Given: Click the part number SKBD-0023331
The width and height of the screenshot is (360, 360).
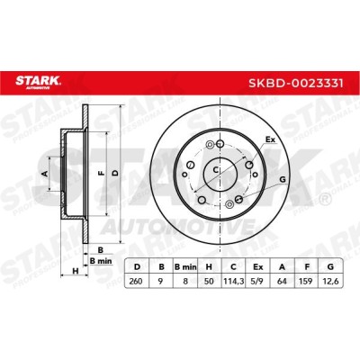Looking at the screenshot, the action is pyautogui.click(x=295, y=83).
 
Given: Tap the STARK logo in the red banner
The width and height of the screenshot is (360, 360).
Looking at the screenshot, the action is pyautogui.click(x=38, y=82).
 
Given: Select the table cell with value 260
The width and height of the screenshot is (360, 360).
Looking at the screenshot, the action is pyautogui.click(x=137, y=281).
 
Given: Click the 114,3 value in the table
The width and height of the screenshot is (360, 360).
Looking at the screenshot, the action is pyautogui.click(x=233, y=281).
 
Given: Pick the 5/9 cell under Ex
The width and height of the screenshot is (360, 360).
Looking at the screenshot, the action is pyautogui.click(x=257, y=281).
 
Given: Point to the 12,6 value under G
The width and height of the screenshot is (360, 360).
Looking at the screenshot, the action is pyautogui.click(x=330, y=281).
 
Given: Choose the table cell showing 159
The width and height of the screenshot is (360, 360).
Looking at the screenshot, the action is pyautogui.click(x=306, y=281).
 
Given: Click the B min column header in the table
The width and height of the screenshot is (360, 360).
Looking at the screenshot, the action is pyautogui.click(x=185, y=266).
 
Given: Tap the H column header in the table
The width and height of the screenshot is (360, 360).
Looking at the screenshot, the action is pyautogui.click(x=209, y=266).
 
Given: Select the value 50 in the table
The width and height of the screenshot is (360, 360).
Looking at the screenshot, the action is pyautogui.click(x=209, y=281).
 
